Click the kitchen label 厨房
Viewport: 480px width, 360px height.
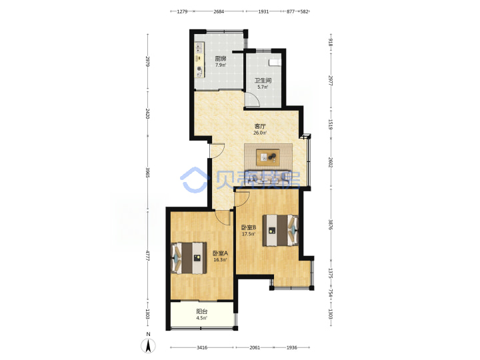(221, 59)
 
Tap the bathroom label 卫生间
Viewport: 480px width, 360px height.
(263, 81)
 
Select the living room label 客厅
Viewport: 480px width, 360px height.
(260, 126)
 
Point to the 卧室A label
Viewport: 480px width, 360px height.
(220, 253)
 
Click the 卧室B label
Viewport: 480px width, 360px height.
(249, 227)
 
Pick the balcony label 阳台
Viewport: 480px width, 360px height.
(202, 311)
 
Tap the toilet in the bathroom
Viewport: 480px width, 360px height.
(274, 63)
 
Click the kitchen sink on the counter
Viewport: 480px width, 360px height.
(199, 47)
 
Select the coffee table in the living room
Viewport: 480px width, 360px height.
(268, 157)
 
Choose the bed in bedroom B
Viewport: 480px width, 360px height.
(281, 230)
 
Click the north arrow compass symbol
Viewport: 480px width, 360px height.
(148, 345)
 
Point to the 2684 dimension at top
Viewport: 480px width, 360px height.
(219, 11)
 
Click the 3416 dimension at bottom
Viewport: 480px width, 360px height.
(202, 347)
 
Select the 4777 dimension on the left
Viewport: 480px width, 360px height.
(147, 255)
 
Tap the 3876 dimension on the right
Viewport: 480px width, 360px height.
(330, 225)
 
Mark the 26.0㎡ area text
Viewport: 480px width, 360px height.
(260, 133)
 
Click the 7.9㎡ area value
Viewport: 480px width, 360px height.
(221, 65)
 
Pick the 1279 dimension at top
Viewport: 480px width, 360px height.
(182, 11)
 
